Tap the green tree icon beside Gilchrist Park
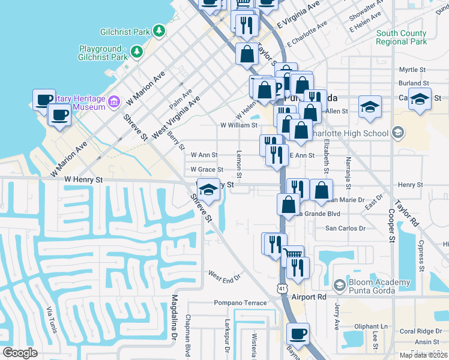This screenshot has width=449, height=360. [x=159, y=29]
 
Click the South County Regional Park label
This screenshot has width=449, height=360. [x=402, y=37]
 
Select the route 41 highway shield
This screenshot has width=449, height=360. [x=282, y=289]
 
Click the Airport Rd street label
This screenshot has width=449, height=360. [x=309, y=296]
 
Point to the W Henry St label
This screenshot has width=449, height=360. [x=84, y=179]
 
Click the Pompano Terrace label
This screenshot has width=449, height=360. [x=241, y=303]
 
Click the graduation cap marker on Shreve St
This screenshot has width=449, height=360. [x=208, y=190]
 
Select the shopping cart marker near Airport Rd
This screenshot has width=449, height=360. [x=292, y=254]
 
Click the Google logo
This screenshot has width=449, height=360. [x=20, y=353]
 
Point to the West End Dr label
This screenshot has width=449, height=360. [x=224, y=275]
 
